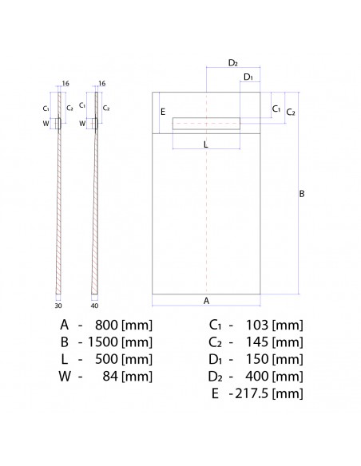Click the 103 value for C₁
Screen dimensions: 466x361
pyautogui.click(x=256, y=325)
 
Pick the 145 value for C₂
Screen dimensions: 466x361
pyautogui.click(x=256, y=342)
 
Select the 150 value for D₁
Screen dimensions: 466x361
pyautogui.click(x=256, y=359)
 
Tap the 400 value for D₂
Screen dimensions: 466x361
pyautogui.click(x=256, y=376)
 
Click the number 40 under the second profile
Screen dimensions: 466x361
pyautogui.click(x=95, y=304)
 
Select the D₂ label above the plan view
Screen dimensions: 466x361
pyautogui.click(x=233, y=61)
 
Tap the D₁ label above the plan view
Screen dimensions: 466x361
pyautogui.click(x=248, y=77)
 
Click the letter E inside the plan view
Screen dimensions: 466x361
pyautogui.click(x=163, y=113)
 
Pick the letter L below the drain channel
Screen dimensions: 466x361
pyautogui.click(x=205, y=144)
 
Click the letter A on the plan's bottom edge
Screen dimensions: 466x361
pyautogui.click(x=206, y=301)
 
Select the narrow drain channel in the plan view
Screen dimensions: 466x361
pyautogui.click(x=206, y=122)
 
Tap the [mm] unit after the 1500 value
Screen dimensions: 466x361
pyautogui.click(x=137, y=342)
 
